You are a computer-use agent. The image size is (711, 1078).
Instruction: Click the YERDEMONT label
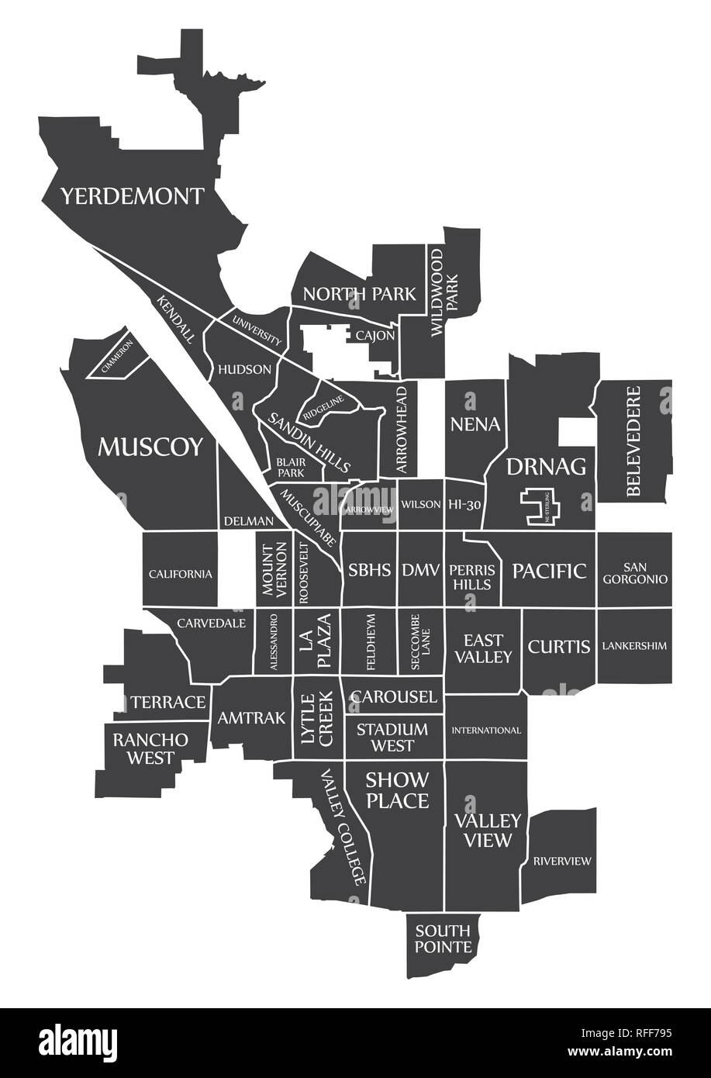pyautogui.click(x=133, y=195)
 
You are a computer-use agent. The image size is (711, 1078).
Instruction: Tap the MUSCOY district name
pyautogui.click(x=150, y=447)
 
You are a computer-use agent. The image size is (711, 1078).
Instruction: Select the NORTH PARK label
pyautogui.click(x=359, y=294)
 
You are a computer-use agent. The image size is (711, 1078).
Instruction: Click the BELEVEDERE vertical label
pyautogui.click(x=634, y=441)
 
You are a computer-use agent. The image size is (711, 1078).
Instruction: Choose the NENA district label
pyautogui.click(x=475, y=424)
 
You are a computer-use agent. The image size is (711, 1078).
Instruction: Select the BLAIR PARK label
pyautogui.click(x=291, y=466)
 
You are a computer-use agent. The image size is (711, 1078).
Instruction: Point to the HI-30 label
pyautogui.click(x=466, y=504)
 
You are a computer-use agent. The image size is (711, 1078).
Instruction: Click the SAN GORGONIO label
pyautogui.click(x=634, y=572)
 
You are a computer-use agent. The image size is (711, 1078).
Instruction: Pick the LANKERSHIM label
pyautogui.click(x=634, y=645)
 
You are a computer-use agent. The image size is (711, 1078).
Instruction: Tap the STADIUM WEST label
pyautogui.click(x=392, y=738)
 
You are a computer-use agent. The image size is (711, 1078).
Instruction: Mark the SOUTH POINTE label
pyautogui.click(x=443, y=938)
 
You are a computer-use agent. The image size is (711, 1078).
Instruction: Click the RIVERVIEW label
pyautogui.click(x=561, y=860)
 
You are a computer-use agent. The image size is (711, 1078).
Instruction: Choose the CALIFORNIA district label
pyautogui.click(x=180, y=574)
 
